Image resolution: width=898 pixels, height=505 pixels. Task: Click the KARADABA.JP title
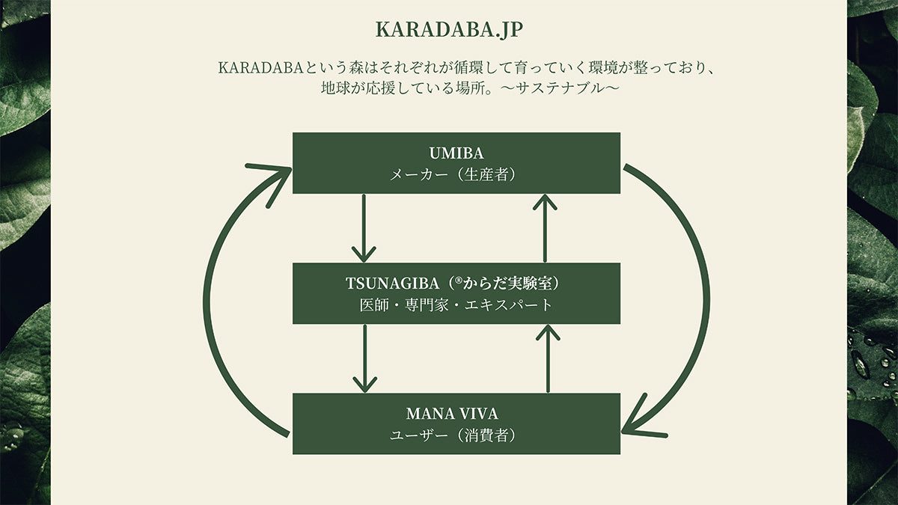[449, 29]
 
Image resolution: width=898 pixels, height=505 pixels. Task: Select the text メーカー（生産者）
[456, 175]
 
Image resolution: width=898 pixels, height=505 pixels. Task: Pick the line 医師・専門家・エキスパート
[456, 305]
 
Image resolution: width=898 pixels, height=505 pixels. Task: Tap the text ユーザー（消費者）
[456, 435]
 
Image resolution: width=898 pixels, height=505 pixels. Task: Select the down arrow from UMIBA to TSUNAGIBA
[364, 228]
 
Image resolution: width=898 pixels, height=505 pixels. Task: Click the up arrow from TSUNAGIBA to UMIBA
[549, 228]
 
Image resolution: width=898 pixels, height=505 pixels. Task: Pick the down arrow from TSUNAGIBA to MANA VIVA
[364, 358]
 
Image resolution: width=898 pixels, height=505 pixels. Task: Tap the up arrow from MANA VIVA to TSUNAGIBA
[549, 358]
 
